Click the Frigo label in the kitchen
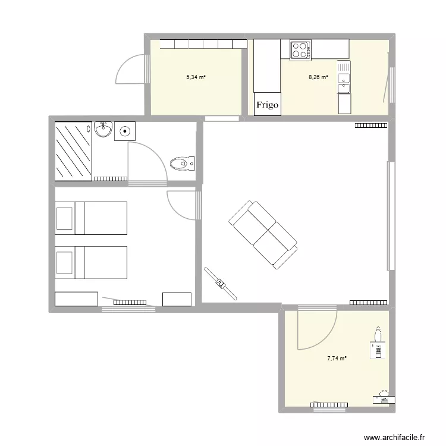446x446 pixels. (267, 105)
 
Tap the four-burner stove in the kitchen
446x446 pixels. (300, 49)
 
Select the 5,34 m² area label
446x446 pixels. (196, 77)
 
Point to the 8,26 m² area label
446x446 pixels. (318, 77)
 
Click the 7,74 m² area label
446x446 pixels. (337, 358)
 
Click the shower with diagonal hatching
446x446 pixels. (74, 150)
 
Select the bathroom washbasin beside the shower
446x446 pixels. (103, 128)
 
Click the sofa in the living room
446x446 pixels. (262, 233)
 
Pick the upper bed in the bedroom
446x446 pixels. (91, 218)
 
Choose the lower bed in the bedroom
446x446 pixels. (91, 262)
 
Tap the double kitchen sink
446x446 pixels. (344, 77)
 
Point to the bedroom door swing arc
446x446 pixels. (181, 205)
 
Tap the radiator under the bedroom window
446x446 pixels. (129, 303)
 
